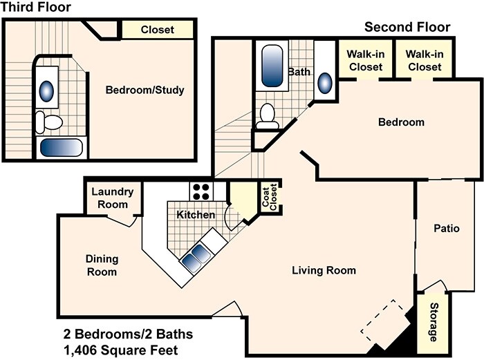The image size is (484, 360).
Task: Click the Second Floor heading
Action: [x=407, y=28]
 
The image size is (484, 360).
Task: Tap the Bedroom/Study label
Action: [x=145, y=90]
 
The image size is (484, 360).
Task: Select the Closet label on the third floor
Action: [x=157, y=30]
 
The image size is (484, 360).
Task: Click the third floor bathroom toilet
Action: [x=48, y=122]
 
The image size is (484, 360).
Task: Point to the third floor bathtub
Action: [x=61, y=147]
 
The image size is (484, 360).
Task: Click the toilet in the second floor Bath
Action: [x=267, y=117]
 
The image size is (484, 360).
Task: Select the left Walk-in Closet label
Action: [x=365, y=61]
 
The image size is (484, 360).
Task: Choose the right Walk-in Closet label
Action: [x=423, y=61]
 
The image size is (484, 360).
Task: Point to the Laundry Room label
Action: [x=109, y=198]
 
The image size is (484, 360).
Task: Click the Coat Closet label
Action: [x=268, y=198]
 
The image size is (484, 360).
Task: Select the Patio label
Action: [x=447, y=229]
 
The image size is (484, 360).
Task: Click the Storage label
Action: [x=434, y=322]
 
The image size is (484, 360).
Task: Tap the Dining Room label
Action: [x=102, y=265]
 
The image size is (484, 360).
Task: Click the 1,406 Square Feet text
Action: [x=120, y=350]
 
